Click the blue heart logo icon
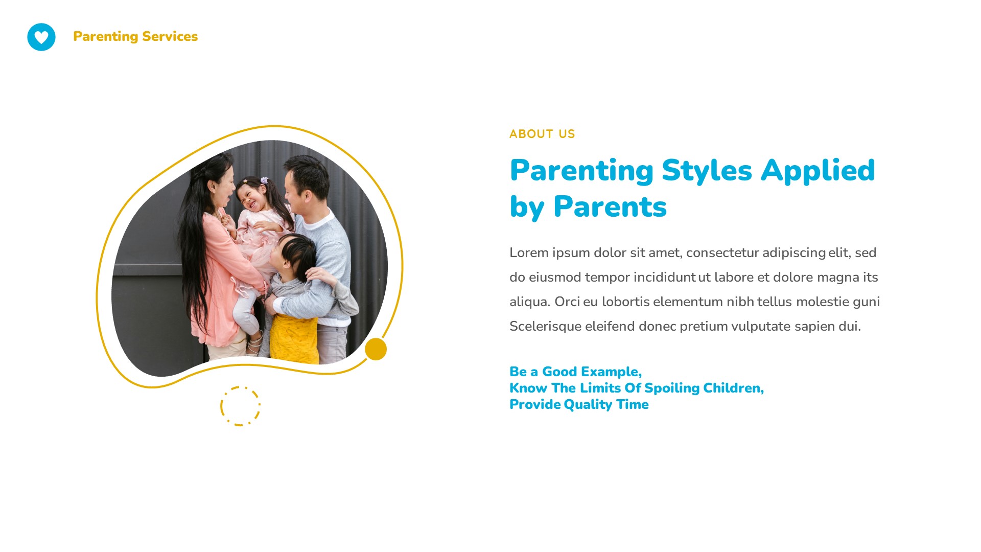41,37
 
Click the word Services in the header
170,36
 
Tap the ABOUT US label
542,134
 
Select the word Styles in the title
707,171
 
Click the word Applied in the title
818,171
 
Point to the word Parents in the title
610,207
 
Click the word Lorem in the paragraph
528,253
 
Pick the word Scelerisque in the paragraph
545,327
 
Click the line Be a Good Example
575,372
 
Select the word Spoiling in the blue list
672,388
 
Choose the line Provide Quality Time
579,404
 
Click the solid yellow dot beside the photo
376,349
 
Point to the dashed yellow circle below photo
240,406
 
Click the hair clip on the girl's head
264,180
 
